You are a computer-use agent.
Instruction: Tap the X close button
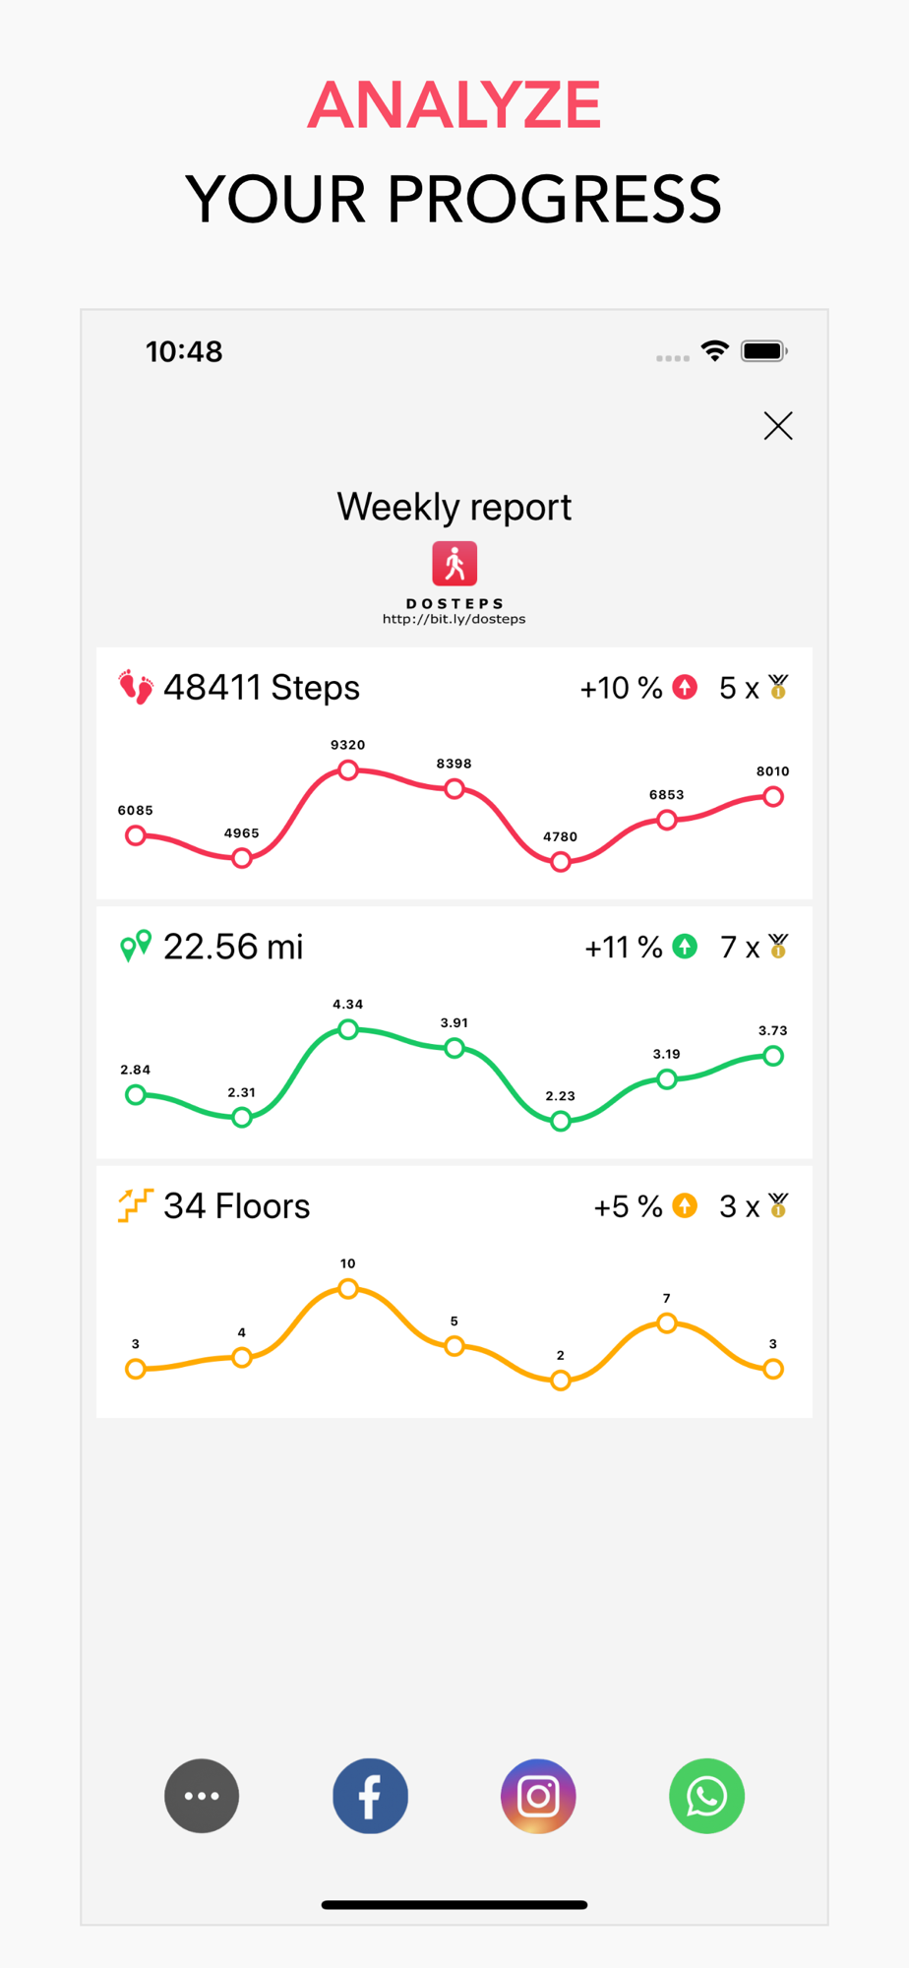tap(778, 426)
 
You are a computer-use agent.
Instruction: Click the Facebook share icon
tap(370, 1796)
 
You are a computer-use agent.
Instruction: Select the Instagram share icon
tap(538, 1796)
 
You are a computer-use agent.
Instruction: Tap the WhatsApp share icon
tap(706, 1796)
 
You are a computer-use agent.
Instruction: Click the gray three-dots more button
tap(202, 1796)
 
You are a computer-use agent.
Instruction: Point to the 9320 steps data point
tap(348, 769)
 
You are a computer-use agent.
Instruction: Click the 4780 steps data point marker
tap(561, 862)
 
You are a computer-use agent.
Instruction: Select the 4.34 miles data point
tap(348, 1029)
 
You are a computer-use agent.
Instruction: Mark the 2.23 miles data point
tap(561, 1121)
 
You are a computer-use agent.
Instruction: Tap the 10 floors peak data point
tap(348, 1289)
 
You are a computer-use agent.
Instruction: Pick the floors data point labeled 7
tap(667, 1323)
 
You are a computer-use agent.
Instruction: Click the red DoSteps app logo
tap(454, 564)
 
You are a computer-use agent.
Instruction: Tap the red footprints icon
tap(136, 687)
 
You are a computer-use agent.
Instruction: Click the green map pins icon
tap(136, 946)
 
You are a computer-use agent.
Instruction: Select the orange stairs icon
tap(136, 1205)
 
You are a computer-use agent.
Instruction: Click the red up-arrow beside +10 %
tap(685, 687)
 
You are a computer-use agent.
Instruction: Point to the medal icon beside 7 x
tap(778, 947)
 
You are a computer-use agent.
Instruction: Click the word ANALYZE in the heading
tap(454, 104)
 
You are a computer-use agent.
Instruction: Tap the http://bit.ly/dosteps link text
tap(454, 619)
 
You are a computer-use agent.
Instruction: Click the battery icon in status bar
tap(763, 351)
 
